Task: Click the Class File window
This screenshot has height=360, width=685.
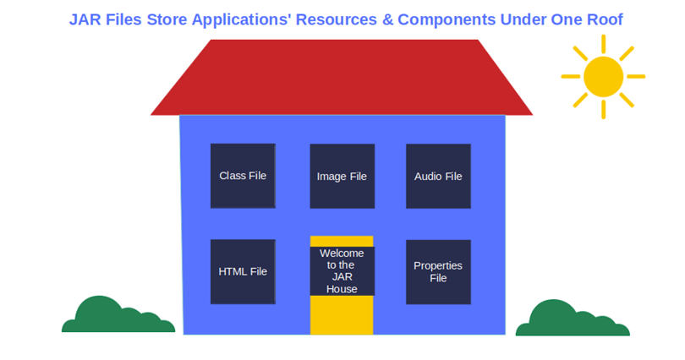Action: pos(243,176)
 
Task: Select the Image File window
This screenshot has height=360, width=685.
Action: pos(342,177)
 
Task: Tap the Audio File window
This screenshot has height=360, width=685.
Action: pos(439,177)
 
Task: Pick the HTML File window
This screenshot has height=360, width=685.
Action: pos(243,271)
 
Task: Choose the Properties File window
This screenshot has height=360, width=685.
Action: pos(439,272)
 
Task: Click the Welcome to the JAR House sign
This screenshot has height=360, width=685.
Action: pos(342,271)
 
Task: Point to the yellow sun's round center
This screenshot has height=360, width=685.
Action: pos(603,76)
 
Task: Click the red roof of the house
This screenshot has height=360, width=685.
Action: pos(342,78)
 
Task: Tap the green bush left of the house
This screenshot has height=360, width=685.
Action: pos(118,315)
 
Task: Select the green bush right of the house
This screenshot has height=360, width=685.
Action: pos(573,319)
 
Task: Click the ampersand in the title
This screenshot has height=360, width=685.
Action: pos(387,19)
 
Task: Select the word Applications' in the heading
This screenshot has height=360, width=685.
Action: pos(241,20)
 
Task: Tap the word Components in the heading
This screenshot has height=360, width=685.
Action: pos(447,20)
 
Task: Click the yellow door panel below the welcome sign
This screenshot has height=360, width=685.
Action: pos(342,315)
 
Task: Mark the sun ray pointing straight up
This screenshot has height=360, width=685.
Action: pos(603,44)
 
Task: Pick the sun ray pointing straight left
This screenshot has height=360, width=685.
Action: pos(571,76)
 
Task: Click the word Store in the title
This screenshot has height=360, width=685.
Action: pos(167,19)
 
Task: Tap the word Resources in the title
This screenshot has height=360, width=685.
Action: pos(337,19)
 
